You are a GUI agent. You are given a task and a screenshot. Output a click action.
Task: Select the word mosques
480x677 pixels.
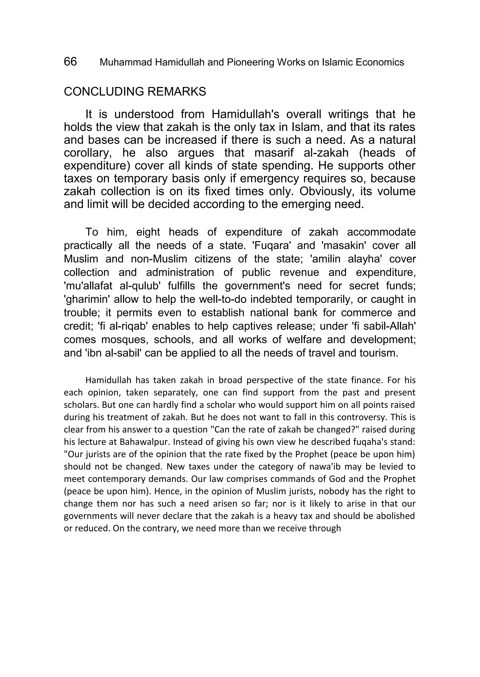tap(124, 340)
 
